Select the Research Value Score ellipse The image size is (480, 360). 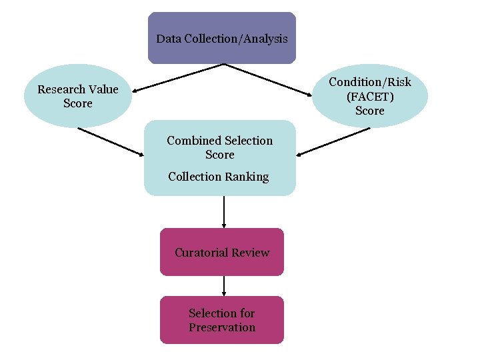pyautogui.click(x=77, y=96)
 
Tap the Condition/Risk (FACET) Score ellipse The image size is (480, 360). pyautogui.click(x=369, y=96)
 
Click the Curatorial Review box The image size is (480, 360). pyautogui.click(x=221, y=252)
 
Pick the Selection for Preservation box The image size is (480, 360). pyautogui.click(x=221, y=320)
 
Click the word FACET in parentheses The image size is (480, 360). pyautogui.click(x=370, y=96)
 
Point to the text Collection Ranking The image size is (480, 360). pyautogui.click(x=218, y=177)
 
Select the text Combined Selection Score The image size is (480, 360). pyautogui.click(x=219, y=147)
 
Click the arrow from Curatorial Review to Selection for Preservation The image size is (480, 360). pyautogui.click(x=224, y=286)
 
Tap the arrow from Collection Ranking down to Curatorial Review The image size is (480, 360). pyautogui.click(x=224, y=212)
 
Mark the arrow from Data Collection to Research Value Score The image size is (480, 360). pyautogui.click(x=177, y=77)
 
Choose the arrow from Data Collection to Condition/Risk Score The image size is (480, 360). pyautogui.click(x=270, y=81)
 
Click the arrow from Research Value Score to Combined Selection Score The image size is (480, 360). pyautogui.click(x=111, y=141)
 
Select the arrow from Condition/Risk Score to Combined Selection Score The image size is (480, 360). pyautogui.click(x=333, y=142)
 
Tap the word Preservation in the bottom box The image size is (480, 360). pyautogui.click(x=222, y=327)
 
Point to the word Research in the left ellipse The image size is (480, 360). pyautogui.click(x=61, y=89)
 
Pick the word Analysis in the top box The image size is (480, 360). pyautogui.click(x=266, y=39)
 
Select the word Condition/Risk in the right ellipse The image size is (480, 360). pyautogui.click(x=370, y=82)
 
